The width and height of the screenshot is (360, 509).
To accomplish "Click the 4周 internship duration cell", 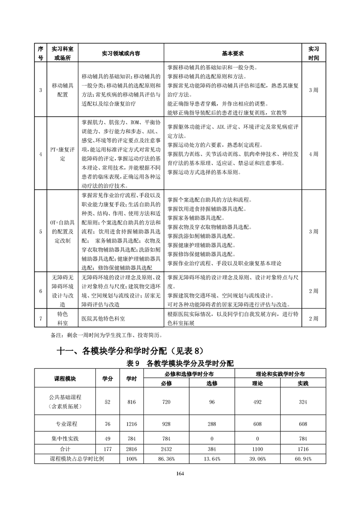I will pyautogui.click(x=313, y=154).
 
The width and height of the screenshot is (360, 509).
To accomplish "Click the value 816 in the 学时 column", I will pyautogui.click(x=132, y=402).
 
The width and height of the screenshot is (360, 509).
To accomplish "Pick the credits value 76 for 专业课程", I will pyautogui.click(x=107, y=424).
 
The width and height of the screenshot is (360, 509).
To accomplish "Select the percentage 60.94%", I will pyautogui.click(x=303, y=459).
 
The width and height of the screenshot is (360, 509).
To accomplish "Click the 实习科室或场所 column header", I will pyautogui.click(x=62, y=53).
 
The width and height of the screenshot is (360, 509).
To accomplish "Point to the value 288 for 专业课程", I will pyautogui.click(x=212, y=424).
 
